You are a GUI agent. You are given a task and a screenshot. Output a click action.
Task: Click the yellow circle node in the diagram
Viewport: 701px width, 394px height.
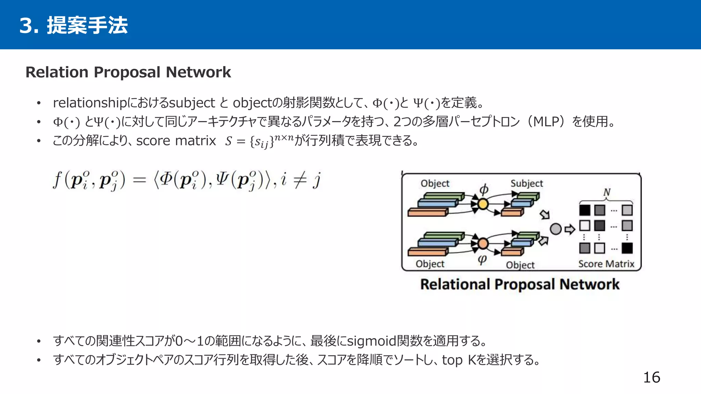tap(483, 204)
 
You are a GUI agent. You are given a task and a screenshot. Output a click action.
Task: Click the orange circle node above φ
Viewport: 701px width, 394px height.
tap(483, 244)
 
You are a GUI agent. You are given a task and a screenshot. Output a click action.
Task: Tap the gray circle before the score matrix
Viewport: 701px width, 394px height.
tap(556, 229)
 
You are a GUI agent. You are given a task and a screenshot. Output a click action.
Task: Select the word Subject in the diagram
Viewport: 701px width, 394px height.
tap(526, 184)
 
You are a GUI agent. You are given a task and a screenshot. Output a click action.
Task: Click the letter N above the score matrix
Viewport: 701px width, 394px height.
tap(607, 192)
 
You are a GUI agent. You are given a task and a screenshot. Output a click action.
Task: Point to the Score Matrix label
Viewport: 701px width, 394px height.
tap(606, 264)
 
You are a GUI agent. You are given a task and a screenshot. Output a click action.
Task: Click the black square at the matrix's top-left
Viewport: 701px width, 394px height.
tap(585, 210)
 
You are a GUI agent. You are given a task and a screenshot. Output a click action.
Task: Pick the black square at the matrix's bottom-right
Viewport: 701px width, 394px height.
tap(627, 248)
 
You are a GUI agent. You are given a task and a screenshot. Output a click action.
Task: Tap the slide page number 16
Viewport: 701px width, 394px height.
tap(651, 378)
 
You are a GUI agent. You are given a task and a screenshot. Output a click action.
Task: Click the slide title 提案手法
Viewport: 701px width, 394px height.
tap(87, 25)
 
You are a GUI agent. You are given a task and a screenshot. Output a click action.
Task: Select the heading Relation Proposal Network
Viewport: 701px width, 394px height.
tap(128, 72)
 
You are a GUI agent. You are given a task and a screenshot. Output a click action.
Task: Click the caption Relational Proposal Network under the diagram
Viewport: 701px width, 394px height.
tap(520, 285)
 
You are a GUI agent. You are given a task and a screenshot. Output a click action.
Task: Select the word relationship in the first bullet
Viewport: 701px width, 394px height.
tap(90, 103)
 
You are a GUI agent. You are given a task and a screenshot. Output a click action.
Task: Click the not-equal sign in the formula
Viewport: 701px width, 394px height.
tap(299, 180)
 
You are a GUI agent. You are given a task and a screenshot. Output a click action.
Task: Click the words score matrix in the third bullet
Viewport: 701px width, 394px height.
tap(176, 141)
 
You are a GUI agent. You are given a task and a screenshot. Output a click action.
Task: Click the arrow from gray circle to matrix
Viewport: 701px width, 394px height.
tap(570, 229)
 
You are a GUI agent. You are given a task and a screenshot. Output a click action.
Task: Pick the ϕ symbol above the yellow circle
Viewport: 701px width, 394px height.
tap(484, 189)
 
